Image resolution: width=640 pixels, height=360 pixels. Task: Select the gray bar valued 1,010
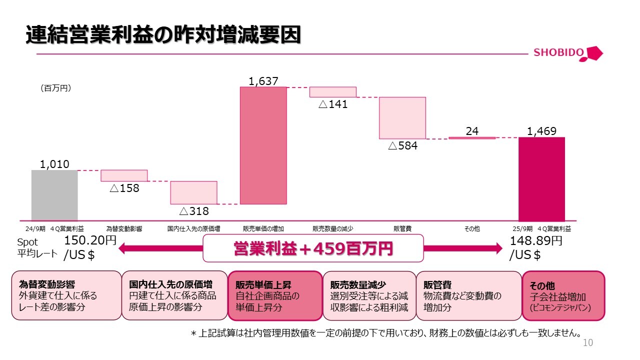click(54, 195)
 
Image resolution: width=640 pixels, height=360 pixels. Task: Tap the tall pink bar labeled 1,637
click(263, 145)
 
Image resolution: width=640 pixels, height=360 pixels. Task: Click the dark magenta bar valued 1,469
click(541, 179)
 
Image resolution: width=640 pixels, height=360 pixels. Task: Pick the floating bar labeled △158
click(124, 175)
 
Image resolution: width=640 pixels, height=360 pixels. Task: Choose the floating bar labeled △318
click(193, 192)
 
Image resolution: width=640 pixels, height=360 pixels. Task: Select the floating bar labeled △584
click(402, 118)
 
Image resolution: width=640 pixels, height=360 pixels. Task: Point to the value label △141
click(333, 104)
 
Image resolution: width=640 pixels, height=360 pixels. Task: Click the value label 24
click(472, 131)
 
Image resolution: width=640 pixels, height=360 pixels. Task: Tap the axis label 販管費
click(402, 229)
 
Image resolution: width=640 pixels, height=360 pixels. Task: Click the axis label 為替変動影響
click(124, 229)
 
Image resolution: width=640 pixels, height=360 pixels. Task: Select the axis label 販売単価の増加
click(263, 229)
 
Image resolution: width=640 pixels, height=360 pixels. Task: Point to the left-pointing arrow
click(160, 248)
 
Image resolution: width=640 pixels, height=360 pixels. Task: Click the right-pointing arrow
click(463, 248)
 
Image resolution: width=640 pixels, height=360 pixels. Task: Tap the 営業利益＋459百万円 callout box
click(313, 248)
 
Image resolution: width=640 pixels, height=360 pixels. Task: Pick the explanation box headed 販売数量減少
click(369, 295)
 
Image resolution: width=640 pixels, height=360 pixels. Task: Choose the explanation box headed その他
click(563, 295)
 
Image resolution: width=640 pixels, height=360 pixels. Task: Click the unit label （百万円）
click(55, 88)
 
